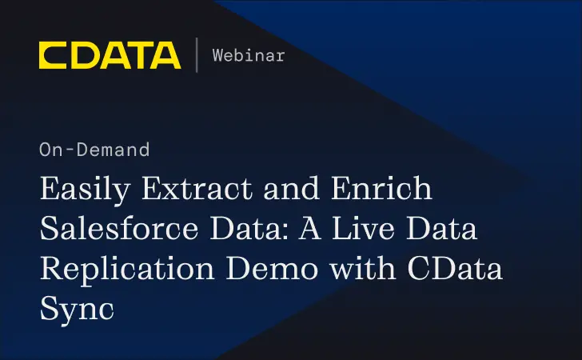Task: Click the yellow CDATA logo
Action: (110, 55)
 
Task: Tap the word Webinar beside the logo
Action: (248, 55)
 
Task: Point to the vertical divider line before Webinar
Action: (197, 55)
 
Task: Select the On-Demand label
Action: (94, 150)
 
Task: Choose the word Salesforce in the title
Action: (121, 230)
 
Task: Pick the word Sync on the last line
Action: (76, 306)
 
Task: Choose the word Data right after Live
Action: (446, 230)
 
